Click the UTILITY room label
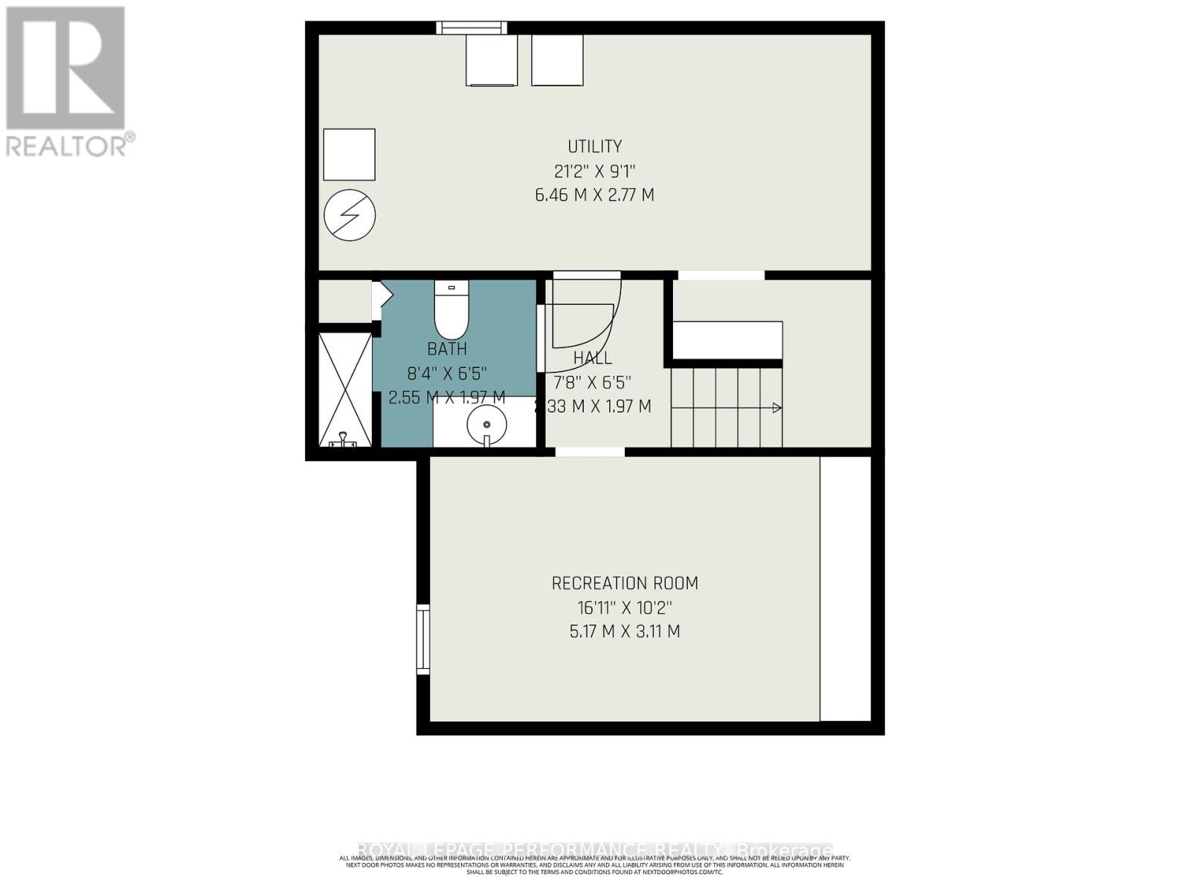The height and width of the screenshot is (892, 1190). (x=594, y=146)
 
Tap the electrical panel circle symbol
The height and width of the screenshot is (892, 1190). (x=350, y=215)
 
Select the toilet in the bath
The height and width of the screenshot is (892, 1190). (x=451, y=312)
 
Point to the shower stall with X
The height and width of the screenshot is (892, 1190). (x=345, y=390)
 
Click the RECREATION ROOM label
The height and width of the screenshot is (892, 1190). (x=625, y=584)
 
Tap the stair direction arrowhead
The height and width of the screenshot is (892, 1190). (x=777, y=407)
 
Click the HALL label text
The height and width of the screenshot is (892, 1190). (x=593, y=358)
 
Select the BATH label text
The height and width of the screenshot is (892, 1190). (x=447, y=349)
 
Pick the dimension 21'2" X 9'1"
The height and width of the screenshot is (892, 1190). (x=594, y=171)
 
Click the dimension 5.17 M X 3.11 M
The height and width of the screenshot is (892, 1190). (x=625, y=632)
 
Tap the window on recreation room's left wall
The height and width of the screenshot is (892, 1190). (x=423, y=639)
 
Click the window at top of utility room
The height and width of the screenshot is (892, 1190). (x=472, y=28)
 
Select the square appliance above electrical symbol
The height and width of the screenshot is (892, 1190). (x=349, y=154)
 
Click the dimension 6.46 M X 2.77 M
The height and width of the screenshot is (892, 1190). (x=594, y=195)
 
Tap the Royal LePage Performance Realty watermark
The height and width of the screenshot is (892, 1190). (x=595, y=849)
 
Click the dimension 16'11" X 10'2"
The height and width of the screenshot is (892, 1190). (x=625, y=607)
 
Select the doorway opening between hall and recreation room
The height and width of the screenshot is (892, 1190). (x=591, y=451)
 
